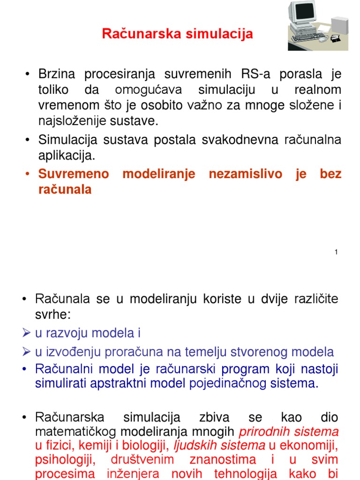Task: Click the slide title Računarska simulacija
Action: [x=178, y=34]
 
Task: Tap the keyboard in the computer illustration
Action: [x=307, y=36]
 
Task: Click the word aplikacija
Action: [x=66, y=156]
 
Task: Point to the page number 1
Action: [x=336, y=253]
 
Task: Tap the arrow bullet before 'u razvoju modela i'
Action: [x=26, y=333]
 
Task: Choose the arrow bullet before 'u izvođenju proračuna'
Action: [x=26, y=352]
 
